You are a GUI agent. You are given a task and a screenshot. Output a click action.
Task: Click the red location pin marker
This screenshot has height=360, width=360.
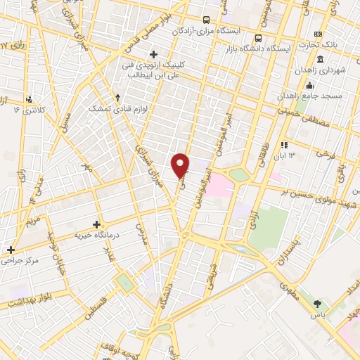click(x=181, y=165)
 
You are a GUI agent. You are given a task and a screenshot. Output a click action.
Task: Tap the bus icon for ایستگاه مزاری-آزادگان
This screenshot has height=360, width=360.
click(x=206, y=21)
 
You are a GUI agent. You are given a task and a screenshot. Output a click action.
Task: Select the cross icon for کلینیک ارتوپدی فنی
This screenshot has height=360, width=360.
click(x=153, y=54)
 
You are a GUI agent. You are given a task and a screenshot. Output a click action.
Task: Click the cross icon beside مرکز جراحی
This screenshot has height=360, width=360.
click(x=11, y=250)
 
